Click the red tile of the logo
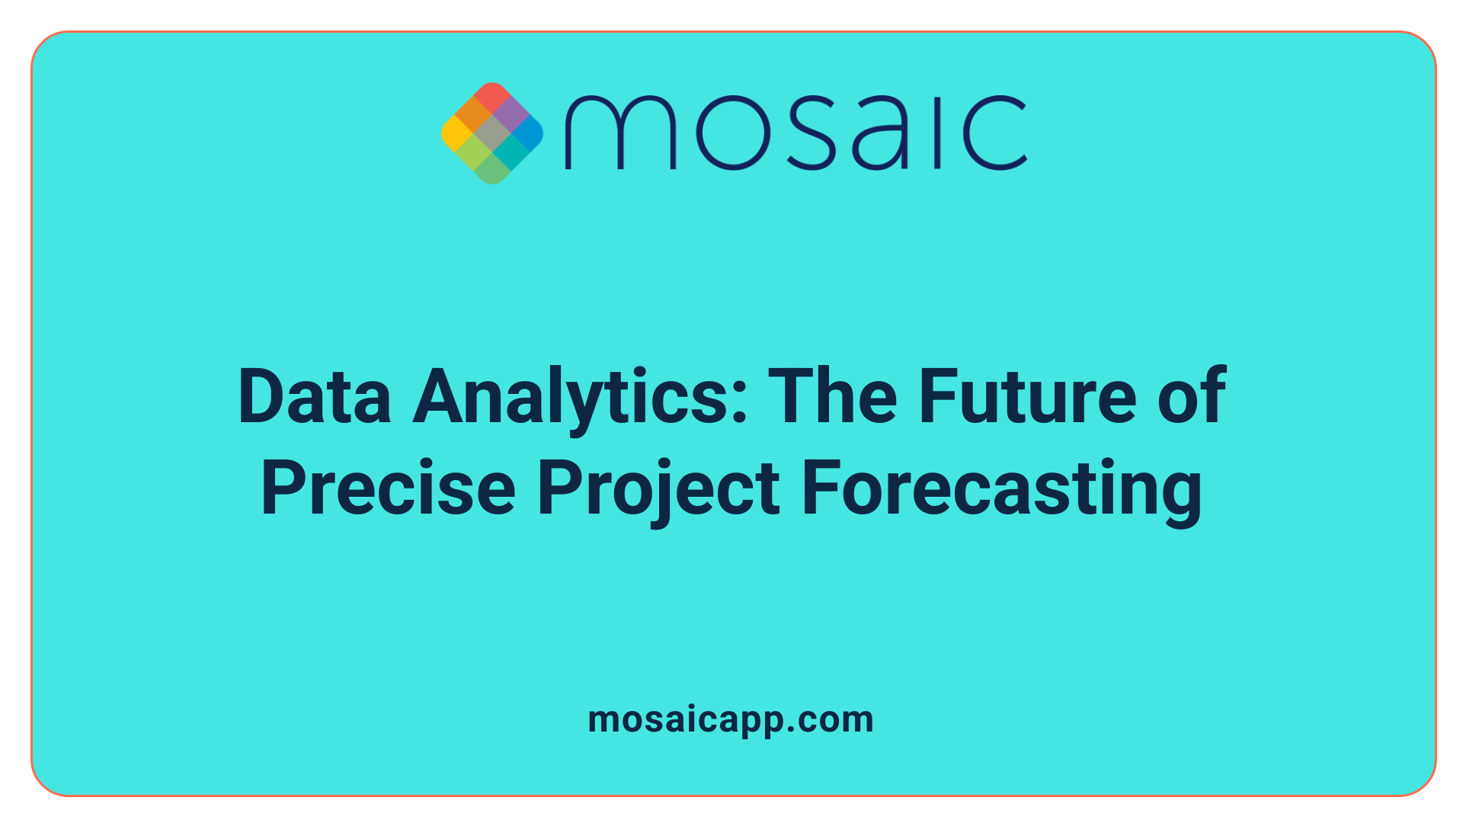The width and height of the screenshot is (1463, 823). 491,97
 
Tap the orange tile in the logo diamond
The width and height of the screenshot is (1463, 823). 474,114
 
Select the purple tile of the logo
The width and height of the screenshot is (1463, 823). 510,115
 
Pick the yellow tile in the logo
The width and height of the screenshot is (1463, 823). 456,133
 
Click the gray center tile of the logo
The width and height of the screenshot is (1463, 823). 492,133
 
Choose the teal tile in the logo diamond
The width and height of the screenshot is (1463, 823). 510,151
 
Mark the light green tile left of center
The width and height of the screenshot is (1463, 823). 474,151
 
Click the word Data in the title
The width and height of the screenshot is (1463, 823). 315,396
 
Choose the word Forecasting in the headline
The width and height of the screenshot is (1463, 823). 1001,489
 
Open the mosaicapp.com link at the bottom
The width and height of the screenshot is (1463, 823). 731,720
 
